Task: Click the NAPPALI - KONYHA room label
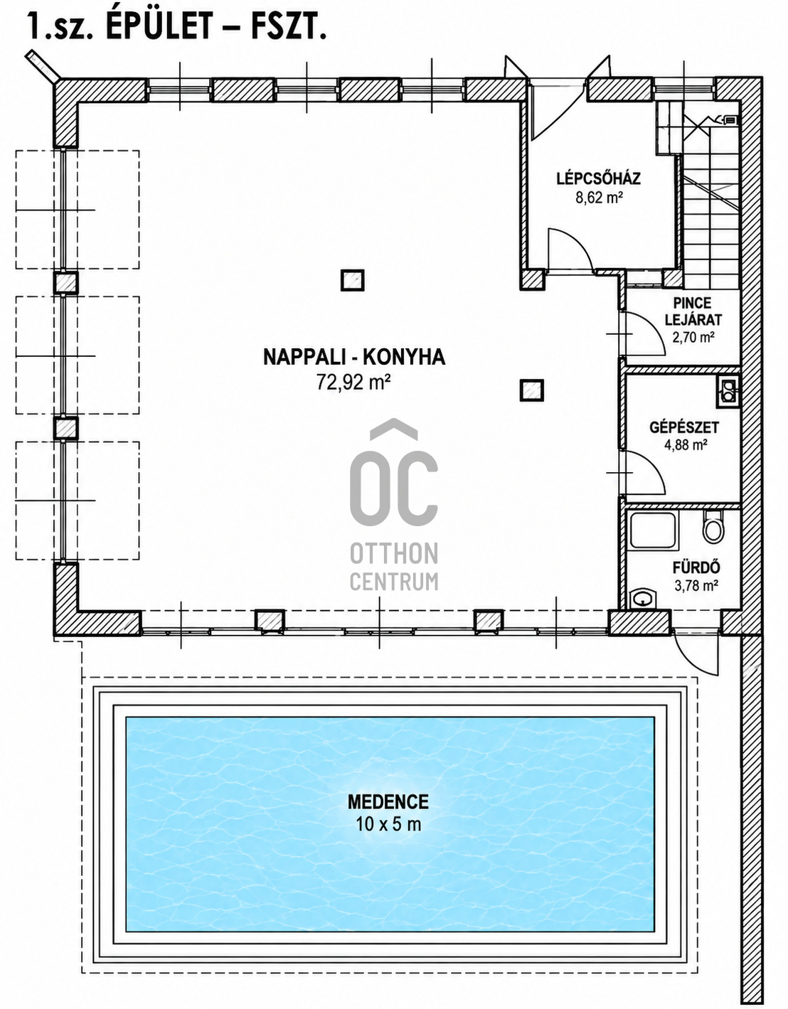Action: (x=354, y=358)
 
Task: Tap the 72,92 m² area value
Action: (x=353, y=383)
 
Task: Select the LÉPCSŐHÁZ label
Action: (x=599, y=178)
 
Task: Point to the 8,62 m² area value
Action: (x=599, y=198)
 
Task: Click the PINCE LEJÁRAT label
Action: (x=693, y=311)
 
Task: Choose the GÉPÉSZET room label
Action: (x=684, y=427)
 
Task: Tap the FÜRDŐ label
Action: (x=696, y=567)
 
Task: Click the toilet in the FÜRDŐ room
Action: (x=713, y=527)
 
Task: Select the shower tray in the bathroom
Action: (x=652, y=530)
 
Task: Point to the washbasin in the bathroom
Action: (x=643, y=599)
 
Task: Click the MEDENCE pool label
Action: (x=388, y=802)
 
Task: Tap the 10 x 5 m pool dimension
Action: (x=388, y=824)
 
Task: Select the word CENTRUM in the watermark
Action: (x=394, y=582)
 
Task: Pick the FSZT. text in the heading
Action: (x=288, y=27)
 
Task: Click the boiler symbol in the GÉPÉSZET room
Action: (x=728, y=391)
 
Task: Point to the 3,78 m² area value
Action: (x=696, y=585)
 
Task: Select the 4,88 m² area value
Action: (x=686, y=445)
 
